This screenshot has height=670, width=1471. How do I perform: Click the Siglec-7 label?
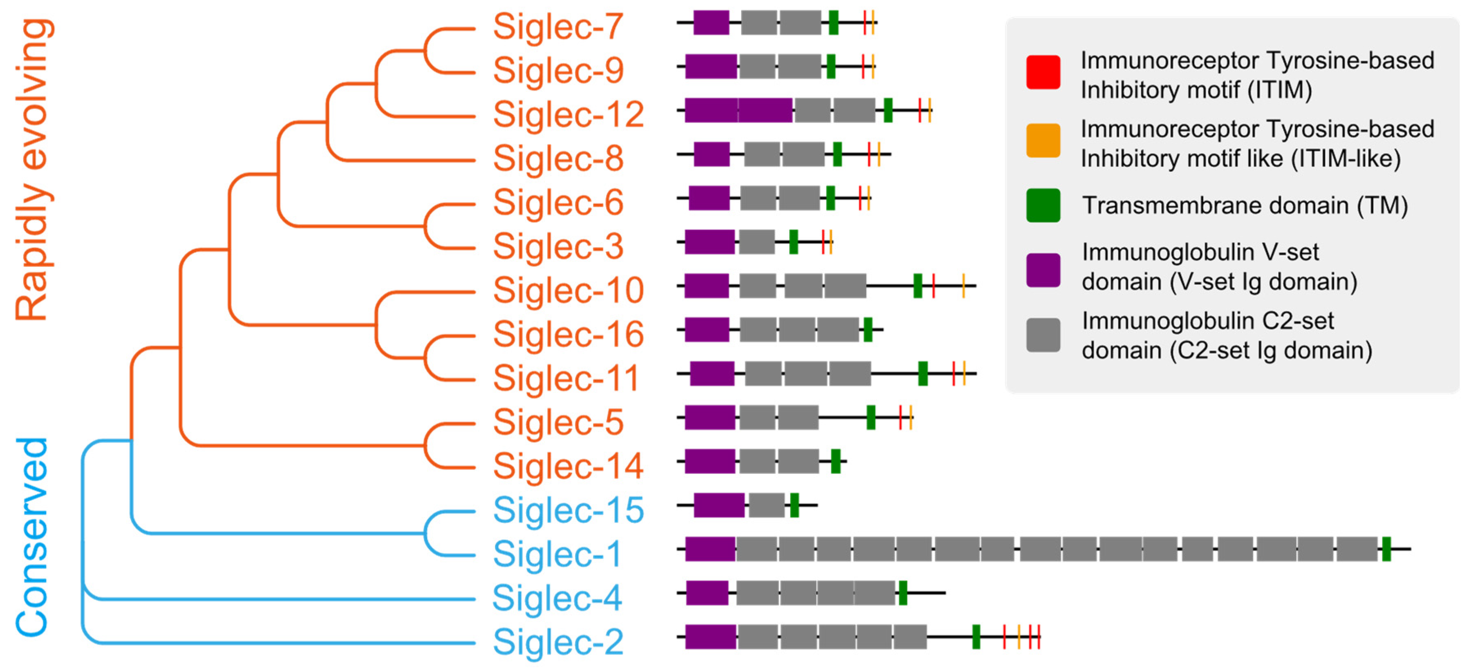(x=558, y=27)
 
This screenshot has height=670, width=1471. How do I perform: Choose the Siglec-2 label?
(x=558, y=642)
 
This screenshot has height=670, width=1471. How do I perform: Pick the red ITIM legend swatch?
(x=1043, y=72)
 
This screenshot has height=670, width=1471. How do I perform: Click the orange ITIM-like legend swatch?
(x=1043, y=141)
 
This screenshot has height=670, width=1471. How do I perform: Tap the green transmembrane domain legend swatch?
(x=1043, y=205)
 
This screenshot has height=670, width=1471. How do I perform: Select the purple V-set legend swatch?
(x=1043, y=270)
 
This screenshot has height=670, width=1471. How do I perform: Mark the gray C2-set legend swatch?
(x=1043, y=335)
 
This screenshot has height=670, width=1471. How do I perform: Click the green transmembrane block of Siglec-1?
(x=1386, y=549)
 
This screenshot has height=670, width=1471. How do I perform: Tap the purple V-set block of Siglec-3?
(x=709, y=242)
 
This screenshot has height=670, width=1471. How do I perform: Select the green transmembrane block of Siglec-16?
(x=867, y=330)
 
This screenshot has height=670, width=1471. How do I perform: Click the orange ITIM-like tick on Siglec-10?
(x=963, y=286)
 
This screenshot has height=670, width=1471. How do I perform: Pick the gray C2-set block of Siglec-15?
(x=766, y=505)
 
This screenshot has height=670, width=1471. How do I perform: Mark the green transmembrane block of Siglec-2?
(x=976, y=637)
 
